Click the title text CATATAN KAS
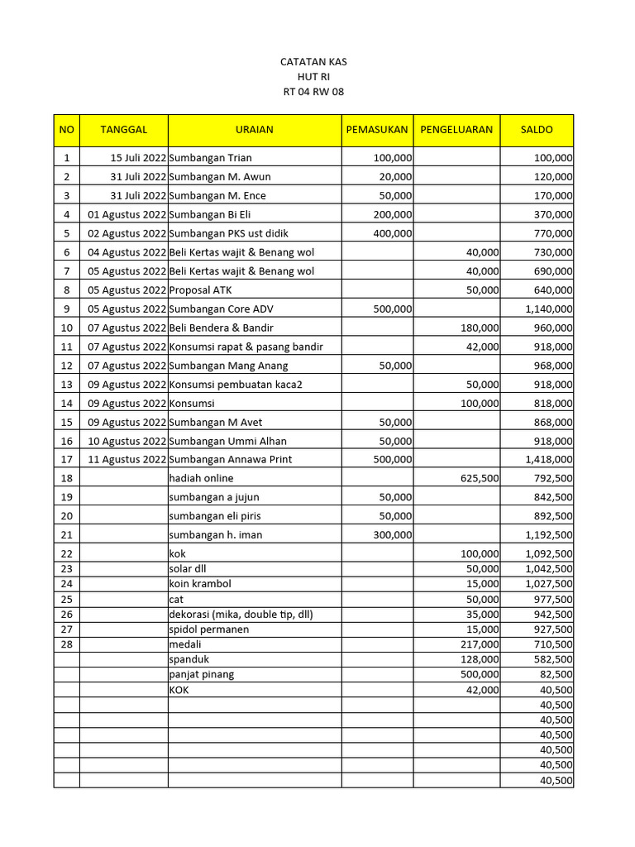coord(313,62)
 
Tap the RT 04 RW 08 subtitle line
coord(313,92)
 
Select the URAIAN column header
coord(254,130)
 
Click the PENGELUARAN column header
coord(456,130)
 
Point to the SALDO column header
coord(537,130)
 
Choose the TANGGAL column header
coord(124,130)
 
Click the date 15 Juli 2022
coord(138,157)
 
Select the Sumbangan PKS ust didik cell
coord(229,233)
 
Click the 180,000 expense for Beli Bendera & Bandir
coord(480,328)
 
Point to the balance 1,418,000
coord(548,460)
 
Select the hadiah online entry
coord(201,478)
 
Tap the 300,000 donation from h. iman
coord(392,535)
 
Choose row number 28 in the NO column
coord(66,644)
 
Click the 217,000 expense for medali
coord(480,644)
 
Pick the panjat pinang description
coord(201,674)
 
